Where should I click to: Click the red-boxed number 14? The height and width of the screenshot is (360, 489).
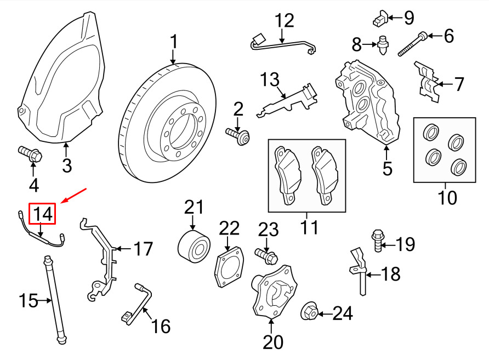click(43, 214)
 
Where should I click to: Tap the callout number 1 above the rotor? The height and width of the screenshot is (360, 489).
click(173, 42)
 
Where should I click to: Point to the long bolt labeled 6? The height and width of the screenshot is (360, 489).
click(412, 44)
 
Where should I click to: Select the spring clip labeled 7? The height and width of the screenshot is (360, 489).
click(427, 83)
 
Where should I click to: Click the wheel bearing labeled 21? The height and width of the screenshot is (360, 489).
click(193, 244)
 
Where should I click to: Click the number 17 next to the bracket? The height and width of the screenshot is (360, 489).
click(143, 249)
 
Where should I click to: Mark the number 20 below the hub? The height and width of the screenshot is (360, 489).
click(273, 342)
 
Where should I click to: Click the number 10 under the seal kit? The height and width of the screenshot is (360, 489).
click(447, 197)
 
